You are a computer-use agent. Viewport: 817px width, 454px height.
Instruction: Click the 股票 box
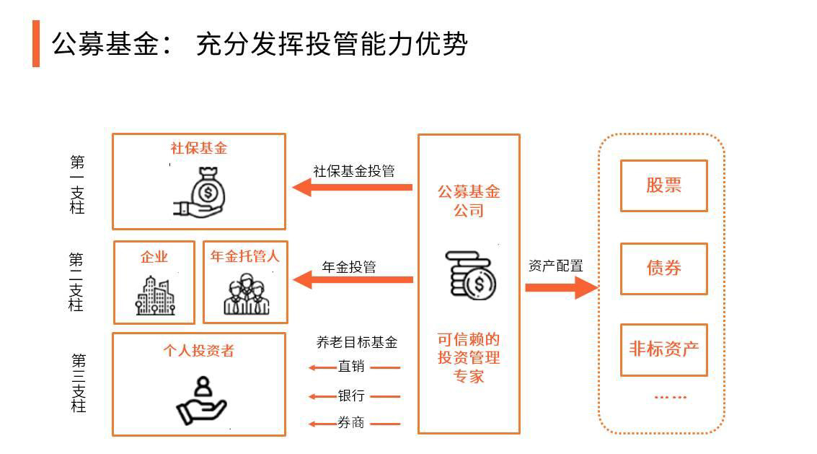[x=663, y=185]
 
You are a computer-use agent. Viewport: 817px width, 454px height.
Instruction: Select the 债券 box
[x=663, y=269]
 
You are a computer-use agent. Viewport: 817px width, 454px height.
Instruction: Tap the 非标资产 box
[x=663, y=350]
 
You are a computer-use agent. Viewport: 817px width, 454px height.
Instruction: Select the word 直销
[x=351, y=367]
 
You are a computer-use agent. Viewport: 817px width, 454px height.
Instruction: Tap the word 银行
[x=351, y=396]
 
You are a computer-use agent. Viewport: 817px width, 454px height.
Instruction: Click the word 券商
[x=351, y=423]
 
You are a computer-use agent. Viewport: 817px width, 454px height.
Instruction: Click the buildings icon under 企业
[x=154, y=294]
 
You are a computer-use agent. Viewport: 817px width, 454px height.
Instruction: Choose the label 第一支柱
[x=77, y=185]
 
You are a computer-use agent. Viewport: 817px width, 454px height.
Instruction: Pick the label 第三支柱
[x=77, y=383]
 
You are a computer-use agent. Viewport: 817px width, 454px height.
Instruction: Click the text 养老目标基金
[x=356, y=342]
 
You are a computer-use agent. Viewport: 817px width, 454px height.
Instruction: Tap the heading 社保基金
[x=199, y=148]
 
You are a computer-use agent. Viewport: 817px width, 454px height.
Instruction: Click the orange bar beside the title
[x=36, y=43]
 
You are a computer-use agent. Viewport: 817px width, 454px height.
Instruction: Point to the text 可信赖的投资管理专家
[x=469, y=358]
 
